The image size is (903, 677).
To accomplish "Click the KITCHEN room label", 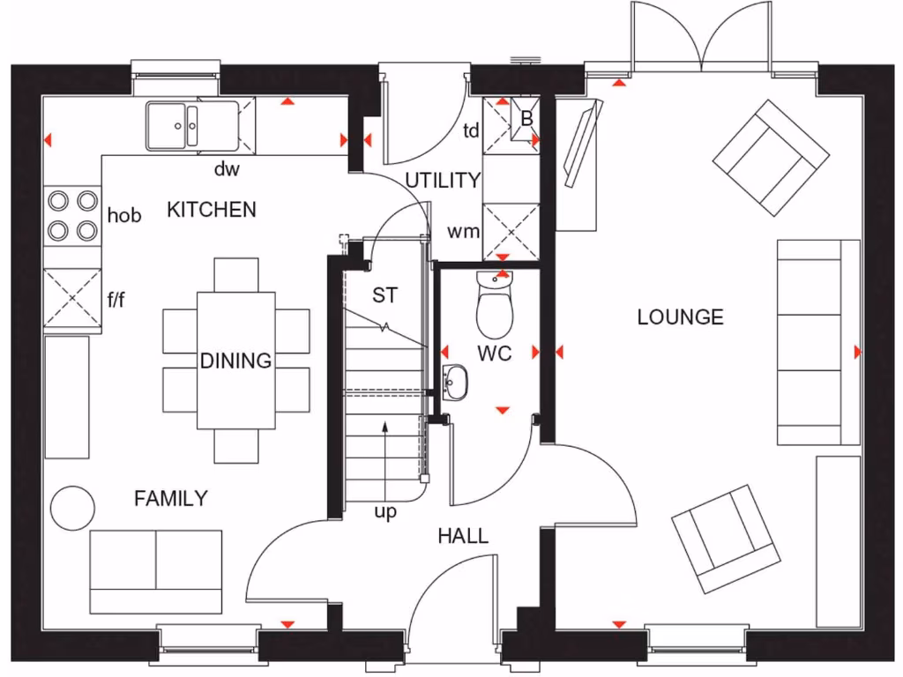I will [x=212, y=210].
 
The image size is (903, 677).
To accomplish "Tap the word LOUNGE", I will [x=680, y=317].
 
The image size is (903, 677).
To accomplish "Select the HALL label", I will [x=463, y=536].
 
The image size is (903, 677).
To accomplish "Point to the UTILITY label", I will [x=442, y=181].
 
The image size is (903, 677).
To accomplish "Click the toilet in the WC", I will [x=494, y=305].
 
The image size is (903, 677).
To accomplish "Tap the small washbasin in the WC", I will [x=456, y=383].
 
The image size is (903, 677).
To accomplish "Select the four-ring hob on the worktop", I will [x=72, y=215].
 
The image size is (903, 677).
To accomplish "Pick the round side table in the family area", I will [x=72, y=508].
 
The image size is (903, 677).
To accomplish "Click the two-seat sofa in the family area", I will [x=156, y=571].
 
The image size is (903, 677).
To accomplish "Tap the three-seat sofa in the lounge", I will [x=817, y=341].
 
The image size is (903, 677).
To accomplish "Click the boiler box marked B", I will [x=526, y=118].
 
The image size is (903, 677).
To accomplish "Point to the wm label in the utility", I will [x=464, y=233].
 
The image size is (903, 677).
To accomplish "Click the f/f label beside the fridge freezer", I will [x=116, y=300].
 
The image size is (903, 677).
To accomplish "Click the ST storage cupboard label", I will [x=384, y=295].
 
